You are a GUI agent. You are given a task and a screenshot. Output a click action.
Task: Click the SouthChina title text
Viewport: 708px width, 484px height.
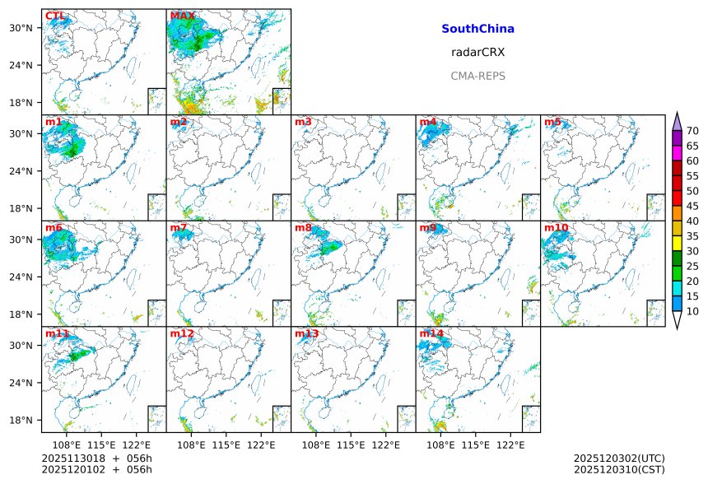tap(477, 29)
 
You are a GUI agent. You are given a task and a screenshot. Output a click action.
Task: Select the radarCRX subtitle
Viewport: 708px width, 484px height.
tap(477, 53)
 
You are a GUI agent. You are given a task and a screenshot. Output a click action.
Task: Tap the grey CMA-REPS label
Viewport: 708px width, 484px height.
tap(477, 77)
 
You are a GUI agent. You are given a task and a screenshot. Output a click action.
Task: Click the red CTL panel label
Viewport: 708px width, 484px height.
tap(54, 16)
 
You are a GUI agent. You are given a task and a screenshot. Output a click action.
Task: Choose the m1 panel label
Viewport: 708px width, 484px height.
tap(54, 123)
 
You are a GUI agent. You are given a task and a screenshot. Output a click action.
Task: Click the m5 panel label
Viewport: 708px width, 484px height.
tap(552, 123)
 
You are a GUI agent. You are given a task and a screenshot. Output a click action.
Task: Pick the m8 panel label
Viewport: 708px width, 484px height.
tap(303, 228)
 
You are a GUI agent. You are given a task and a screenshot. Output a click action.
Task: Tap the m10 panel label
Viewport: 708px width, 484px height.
tap(556, 228)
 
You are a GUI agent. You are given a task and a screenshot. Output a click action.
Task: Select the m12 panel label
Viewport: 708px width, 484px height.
tap(182, 334)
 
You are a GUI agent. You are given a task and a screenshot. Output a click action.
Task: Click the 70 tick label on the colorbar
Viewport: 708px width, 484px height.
tap(692, 131)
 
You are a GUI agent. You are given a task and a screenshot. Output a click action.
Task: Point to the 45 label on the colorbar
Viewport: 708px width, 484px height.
tap(692, 206)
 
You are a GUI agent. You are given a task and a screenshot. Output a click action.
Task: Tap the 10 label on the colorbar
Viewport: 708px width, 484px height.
tap(692, 311)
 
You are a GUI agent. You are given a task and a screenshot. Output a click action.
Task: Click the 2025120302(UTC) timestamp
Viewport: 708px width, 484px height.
tap(619, 458)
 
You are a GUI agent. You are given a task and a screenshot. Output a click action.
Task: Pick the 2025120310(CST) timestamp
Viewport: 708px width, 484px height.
tap(619, 469)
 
